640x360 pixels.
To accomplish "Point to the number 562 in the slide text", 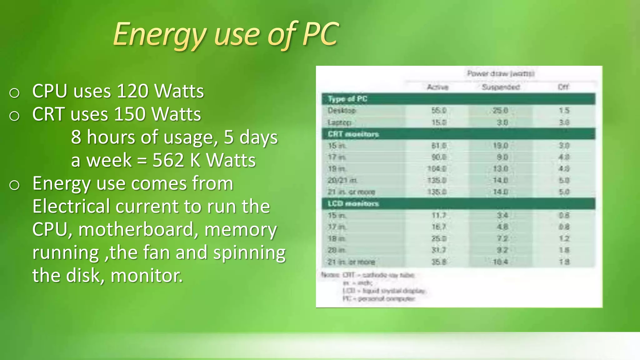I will [x=168, y=160].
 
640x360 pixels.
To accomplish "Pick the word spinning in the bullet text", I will [x=249, y=252].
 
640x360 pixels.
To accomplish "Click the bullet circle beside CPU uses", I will [x=14, y=93].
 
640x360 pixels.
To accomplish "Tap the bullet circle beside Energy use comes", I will [x=14, y=185].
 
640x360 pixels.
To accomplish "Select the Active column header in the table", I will [x=437, y=87].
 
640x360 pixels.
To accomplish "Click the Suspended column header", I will [x=501, y=87].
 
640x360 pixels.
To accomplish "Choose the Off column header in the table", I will [x=563, y=87].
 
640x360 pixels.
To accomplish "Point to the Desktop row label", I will [x=342, y=111].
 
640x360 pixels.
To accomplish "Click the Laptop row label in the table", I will [x=340, y=122].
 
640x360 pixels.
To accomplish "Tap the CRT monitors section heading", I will [x=353, y=134].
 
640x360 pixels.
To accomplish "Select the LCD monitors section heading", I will [x=353, y=204].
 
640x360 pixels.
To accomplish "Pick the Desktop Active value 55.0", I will [x=439, y=111].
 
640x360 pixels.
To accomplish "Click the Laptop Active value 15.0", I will [x=439, y=122].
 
